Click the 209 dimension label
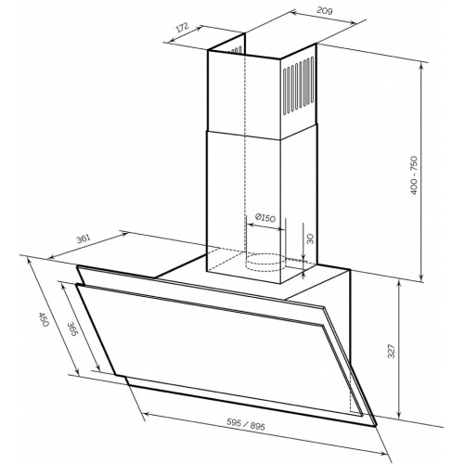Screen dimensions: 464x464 325,11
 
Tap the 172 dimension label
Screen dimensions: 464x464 183,28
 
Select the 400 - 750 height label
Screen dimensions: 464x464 414,175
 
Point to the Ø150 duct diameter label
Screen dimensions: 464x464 265,218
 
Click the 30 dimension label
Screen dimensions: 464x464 310,238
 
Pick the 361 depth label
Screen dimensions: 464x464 84,239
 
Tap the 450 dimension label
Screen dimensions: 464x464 43,319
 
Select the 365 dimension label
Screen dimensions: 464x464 73,329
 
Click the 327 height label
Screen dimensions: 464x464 392,351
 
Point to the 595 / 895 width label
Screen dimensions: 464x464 246,424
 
